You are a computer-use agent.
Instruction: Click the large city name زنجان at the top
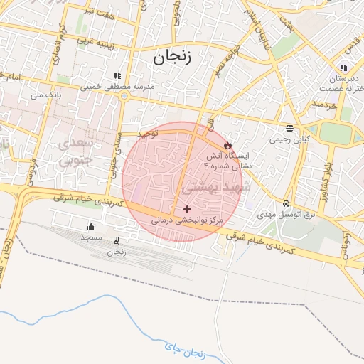click(171, 58)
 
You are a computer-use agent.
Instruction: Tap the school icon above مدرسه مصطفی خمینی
click(117, 75)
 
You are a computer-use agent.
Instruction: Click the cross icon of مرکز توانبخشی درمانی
click(187, 209)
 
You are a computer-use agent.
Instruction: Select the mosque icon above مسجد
click(91, 227)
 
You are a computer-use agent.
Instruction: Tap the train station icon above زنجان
click(116, 240)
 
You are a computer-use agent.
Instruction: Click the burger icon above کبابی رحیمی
click(289, 129)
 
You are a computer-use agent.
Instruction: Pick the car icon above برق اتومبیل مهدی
click(286, 204)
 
